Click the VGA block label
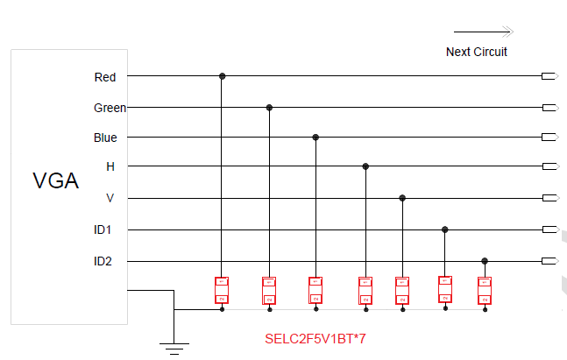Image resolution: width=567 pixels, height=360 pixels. pos(56,181)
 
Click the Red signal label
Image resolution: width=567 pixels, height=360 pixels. pos(105,77)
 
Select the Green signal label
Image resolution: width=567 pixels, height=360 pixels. pos(110,108)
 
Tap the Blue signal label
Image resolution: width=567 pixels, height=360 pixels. pos(105,138)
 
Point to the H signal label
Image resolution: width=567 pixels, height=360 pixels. pos(110,166)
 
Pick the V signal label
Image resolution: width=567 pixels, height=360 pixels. pos(110,198)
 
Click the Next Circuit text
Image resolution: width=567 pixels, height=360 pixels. pos(477,52)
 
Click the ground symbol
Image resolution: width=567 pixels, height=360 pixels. pos(174,348)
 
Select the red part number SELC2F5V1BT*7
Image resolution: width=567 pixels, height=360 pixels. pos(315,337)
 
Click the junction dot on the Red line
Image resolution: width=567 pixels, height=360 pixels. pos(223,77)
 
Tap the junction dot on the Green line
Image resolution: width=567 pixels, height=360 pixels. pos(269,108)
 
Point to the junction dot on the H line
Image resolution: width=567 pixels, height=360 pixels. pos(365,166)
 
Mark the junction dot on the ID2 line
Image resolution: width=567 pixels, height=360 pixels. pos(485,261)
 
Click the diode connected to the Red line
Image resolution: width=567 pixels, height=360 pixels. pos(223,291)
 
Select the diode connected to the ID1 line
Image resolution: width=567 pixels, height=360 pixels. pos(445,291)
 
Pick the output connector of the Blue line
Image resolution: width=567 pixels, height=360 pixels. pos(549,138)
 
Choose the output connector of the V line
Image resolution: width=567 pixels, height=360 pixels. pos(549,198)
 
